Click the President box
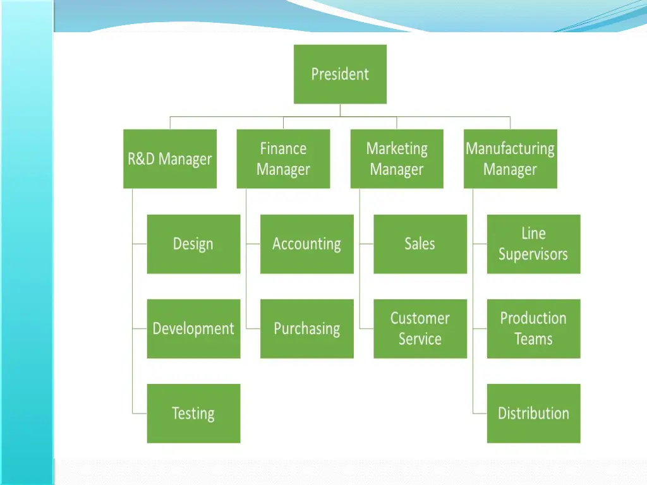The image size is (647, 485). click(340, 74)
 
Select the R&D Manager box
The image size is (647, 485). click(169, 159)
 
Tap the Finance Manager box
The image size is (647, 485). click(283, 159)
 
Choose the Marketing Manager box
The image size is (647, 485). click(397, 159)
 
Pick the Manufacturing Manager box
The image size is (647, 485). click(511, 159)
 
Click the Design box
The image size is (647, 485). click(193, 244)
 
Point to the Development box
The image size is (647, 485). click(193, 328)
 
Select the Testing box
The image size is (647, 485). click(193, 413)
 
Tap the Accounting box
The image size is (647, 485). click(306, 244)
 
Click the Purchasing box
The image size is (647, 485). click(306, 328)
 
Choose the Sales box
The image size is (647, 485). click(420, 244)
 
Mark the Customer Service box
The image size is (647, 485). click(420, 328)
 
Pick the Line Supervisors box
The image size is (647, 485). click(533, 244)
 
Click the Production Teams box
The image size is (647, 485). click(533, 328)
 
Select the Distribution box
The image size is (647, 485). click(533, 413)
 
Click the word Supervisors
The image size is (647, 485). click(533, 254)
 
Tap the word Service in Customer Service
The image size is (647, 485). click(420, 339)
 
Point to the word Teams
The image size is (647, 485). click(533, 339)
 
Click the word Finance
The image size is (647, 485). click(283, 148)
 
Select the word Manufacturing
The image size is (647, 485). click(511, 148)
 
